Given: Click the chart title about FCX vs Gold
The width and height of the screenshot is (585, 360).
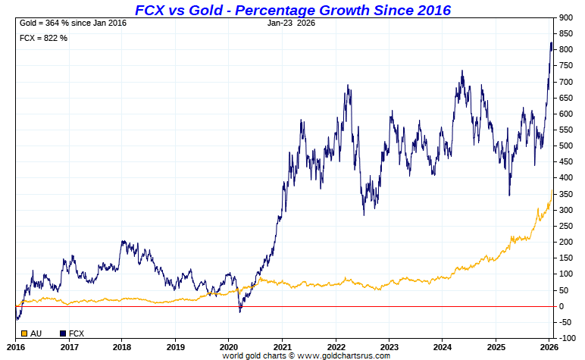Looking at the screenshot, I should coord(292,10).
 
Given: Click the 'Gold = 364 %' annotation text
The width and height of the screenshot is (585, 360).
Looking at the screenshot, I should coord(72,23).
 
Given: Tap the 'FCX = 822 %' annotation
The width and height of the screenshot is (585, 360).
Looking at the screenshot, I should coord(43,38).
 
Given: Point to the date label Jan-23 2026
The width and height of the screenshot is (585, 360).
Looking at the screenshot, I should coord(292,23).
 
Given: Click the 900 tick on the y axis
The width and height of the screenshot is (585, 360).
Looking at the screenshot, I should coord(565,17).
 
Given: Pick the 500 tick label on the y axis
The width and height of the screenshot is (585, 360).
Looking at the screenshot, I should coord(565,146).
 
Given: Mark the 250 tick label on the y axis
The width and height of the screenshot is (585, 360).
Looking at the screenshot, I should coord(565,226).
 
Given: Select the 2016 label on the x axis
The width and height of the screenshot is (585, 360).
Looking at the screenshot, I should coord(16,346).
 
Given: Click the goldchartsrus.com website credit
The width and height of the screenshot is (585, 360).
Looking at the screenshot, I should coord(306,355).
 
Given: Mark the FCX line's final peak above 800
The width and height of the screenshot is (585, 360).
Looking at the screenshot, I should coord(551,43).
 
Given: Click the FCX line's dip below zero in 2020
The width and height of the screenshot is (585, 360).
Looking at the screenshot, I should coord(240,311).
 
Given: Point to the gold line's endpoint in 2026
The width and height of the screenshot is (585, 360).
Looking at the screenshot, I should coord(552,189).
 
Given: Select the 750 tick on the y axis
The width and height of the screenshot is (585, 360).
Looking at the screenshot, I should coord(565,66).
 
